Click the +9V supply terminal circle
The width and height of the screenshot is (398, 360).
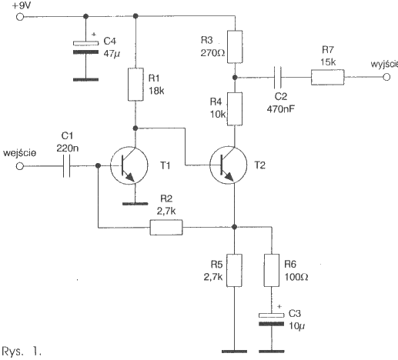pos(20,17)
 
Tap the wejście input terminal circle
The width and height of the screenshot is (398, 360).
pos(20,166)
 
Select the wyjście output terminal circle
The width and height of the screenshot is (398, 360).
pos(386,77)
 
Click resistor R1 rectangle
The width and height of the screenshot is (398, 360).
pos(135,85)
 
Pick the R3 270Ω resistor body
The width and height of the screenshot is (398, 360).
pos(235,47)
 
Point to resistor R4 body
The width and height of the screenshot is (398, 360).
pos(235,109)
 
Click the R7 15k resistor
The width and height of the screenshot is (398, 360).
pos(328,77)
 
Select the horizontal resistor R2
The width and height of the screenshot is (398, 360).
pos(166,227)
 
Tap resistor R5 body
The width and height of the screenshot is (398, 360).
pos(234,270)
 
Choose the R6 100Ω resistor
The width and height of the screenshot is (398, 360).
pos(272,270)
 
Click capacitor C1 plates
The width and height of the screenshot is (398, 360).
pos(66,166)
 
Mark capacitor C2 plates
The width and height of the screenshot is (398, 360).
pos(277,77)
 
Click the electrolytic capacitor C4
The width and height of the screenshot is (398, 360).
pos(85,48)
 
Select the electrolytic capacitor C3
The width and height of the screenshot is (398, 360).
pos(271,319)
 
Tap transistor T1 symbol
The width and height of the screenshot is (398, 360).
pos(129,165)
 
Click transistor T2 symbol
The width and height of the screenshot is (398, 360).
pos(228,165)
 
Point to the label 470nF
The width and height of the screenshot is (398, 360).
pos(280,109)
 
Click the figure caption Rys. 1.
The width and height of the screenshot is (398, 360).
pos(22,351)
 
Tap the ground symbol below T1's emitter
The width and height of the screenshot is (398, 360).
pos(135,204)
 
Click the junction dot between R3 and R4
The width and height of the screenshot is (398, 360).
pos(235,77)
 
